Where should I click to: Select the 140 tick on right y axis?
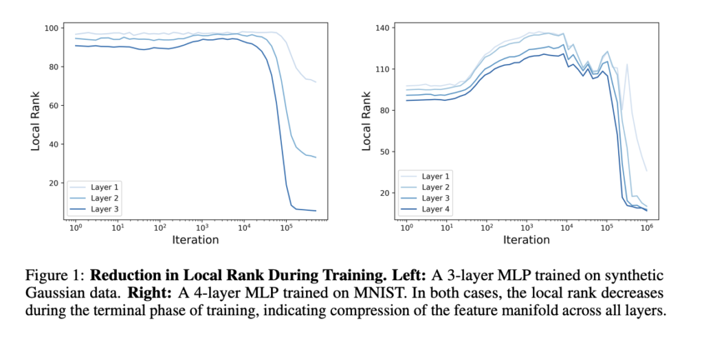382,28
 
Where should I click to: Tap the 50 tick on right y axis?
384,152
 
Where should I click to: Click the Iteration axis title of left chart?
195,240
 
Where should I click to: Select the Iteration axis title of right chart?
527,240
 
